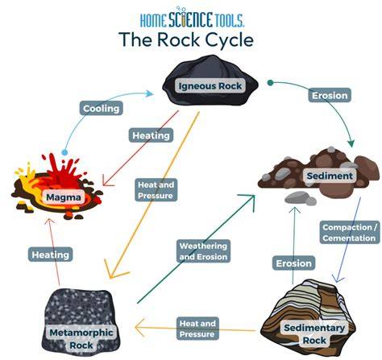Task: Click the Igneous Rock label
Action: tap(210, 86)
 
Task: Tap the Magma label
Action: tap(64, 197)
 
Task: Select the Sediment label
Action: tap(330, 176)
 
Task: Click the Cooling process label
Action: tap(102, 108)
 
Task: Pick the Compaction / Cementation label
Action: tap(350, 233)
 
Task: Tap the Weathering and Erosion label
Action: tap(203, 251)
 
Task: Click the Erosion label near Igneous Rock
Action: tap(330, 95)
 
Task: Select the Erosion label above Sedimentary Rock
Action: tap(293, 263)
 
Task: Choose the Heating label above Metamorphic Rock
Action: tap(51, 254)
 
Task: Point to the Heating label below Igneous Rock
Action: tap(151, 135)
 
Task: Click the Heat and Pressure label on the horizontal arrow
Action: tap(197, 329)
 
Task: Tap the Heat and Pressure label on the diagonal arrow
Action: tap(156, 190)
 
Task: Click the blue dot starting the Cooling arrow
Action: tap(64, 152)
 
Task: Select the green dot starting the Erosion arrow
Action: tap(270, 83)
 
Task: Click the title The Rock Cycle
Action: tap(186, 39)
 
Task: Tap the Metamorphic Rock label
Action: tap(81, 339)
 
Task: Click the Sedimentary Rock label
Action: tap(314, 334)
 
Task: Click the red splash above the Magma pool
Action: tap(62, 170)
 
